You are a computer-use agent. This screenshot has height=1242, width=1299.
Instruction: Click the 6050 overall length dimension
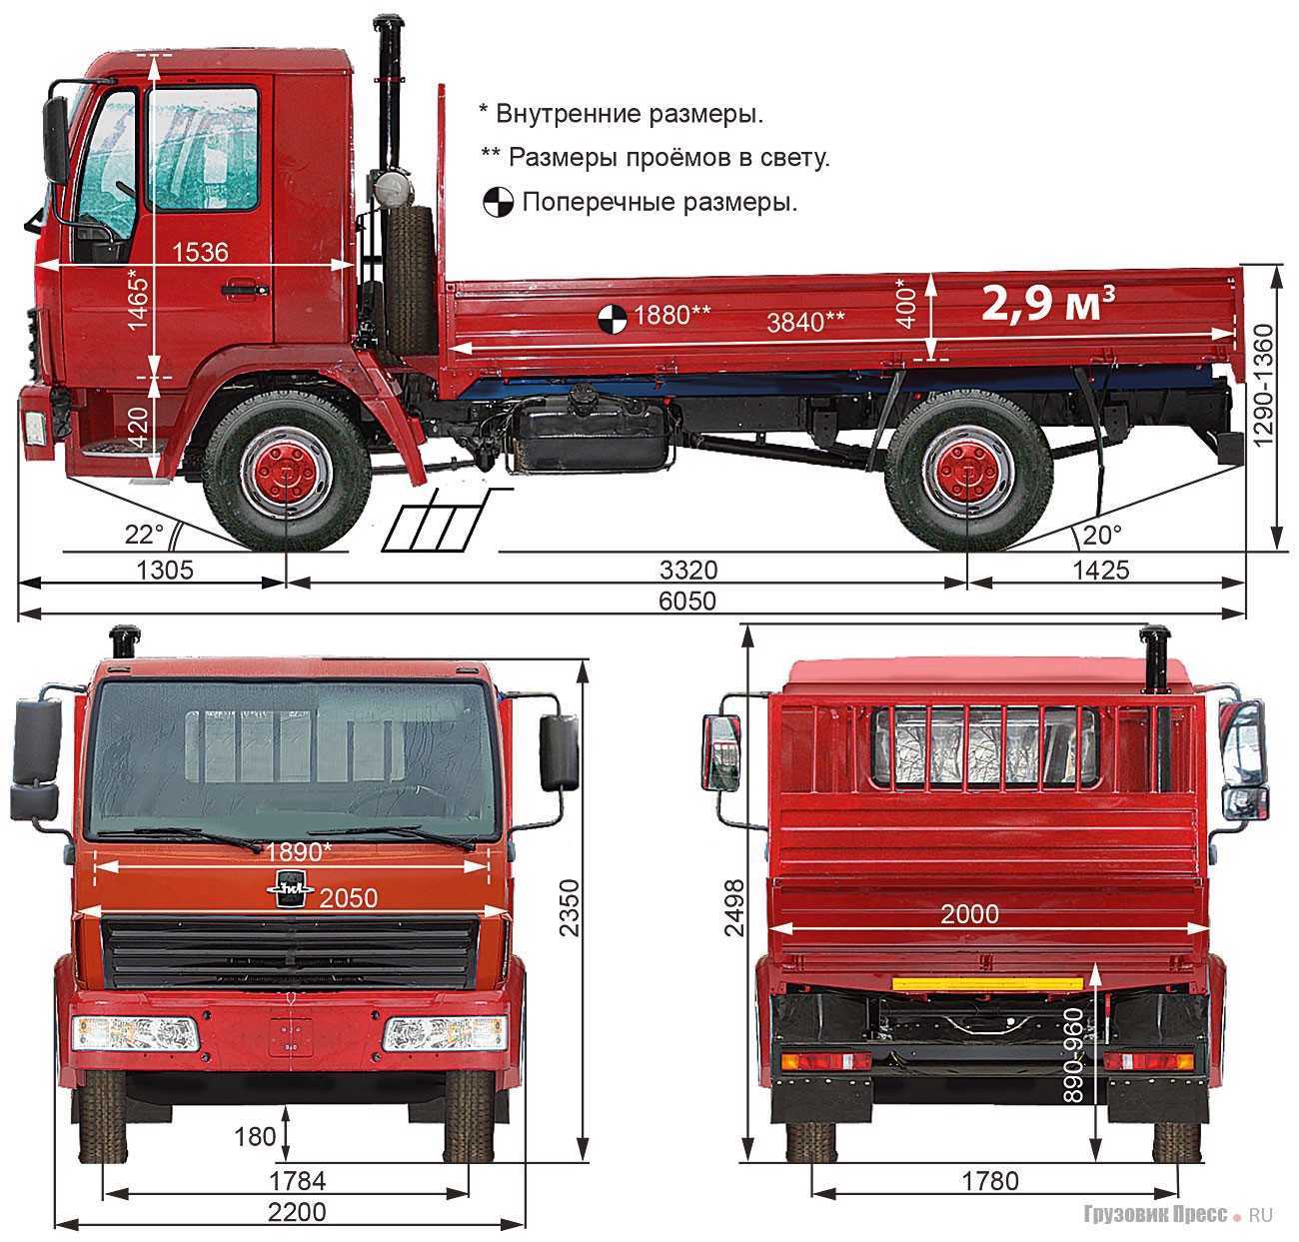[686, 602]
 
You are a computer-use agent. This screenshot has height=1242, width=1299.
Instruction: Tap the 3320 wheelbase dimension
[688, 571]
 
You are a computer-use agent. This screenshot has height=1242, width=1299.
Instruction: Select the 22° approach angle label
[144, 535]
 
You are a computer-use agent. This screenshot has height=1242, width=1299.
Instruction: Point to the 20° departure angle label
[1102, 536]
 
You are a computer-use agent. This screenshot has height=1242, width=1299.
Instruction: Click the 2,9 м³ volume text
[1048, 304]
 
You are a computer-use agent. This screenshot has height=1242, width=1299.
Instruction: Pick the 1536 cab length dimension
[200, 252]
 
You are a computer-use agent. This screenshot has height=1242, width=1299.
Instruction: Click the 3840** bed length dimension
[805, 323]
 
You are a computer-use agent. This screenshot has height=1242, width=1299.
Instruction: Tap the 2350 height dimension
[570, 907]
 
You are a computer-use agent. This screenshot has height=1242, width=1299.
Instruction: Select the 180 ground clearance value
[255, 1136]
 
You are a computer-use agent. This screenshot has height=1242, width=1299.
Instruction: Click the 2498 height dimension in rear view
[734, 908]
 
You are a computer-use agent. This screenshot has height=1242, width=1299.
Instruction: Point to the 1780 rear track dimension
[990, 1182]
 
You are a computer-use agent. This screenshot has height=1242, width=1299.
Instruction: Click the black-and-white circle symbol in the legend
[498, 202]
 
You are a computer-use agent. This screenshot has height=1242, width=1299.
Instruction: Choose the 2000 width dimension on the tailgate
[969, 914]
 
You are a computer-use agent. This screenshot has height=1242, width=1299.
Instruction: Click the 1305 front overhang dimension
[165, 571]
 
